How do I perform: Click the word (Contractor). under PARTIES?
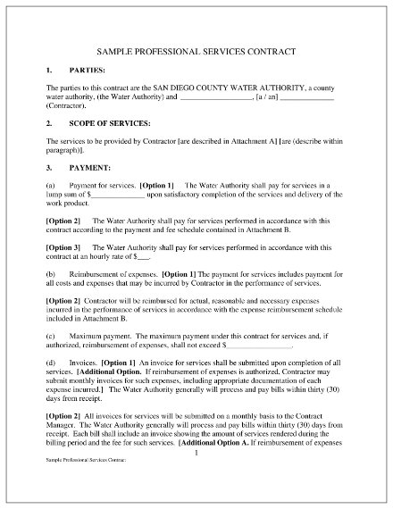(x=66, y=104)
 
